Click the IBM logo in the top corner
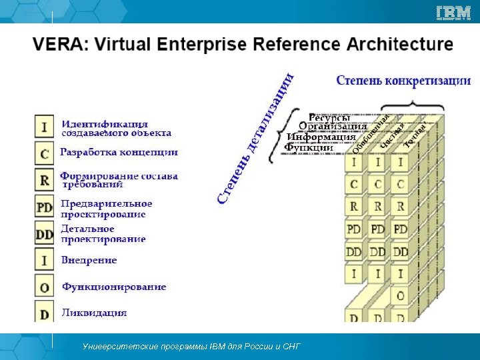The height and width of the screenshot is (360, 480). click(453, 13)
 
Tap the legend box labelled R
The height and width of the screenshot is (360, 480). click(44, 180)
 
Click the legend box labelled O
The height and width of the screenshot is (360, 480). click(44, 287)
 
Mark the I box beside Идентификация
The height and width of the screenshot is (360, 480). click(44, 127)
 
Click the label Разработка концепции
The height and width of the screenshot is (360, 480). click(119, 152)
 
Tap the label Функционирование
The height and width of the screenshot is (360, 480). click(114, 287)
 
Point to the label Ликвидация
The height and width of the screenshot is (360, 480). click(94, 312)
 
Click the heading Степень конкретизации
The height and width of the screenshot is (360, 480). click(403, 81)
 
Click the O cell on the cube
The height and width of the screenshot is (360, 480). click(400, 295)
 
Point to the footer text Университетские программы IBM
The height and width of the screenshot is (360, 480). click(191, 347)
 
